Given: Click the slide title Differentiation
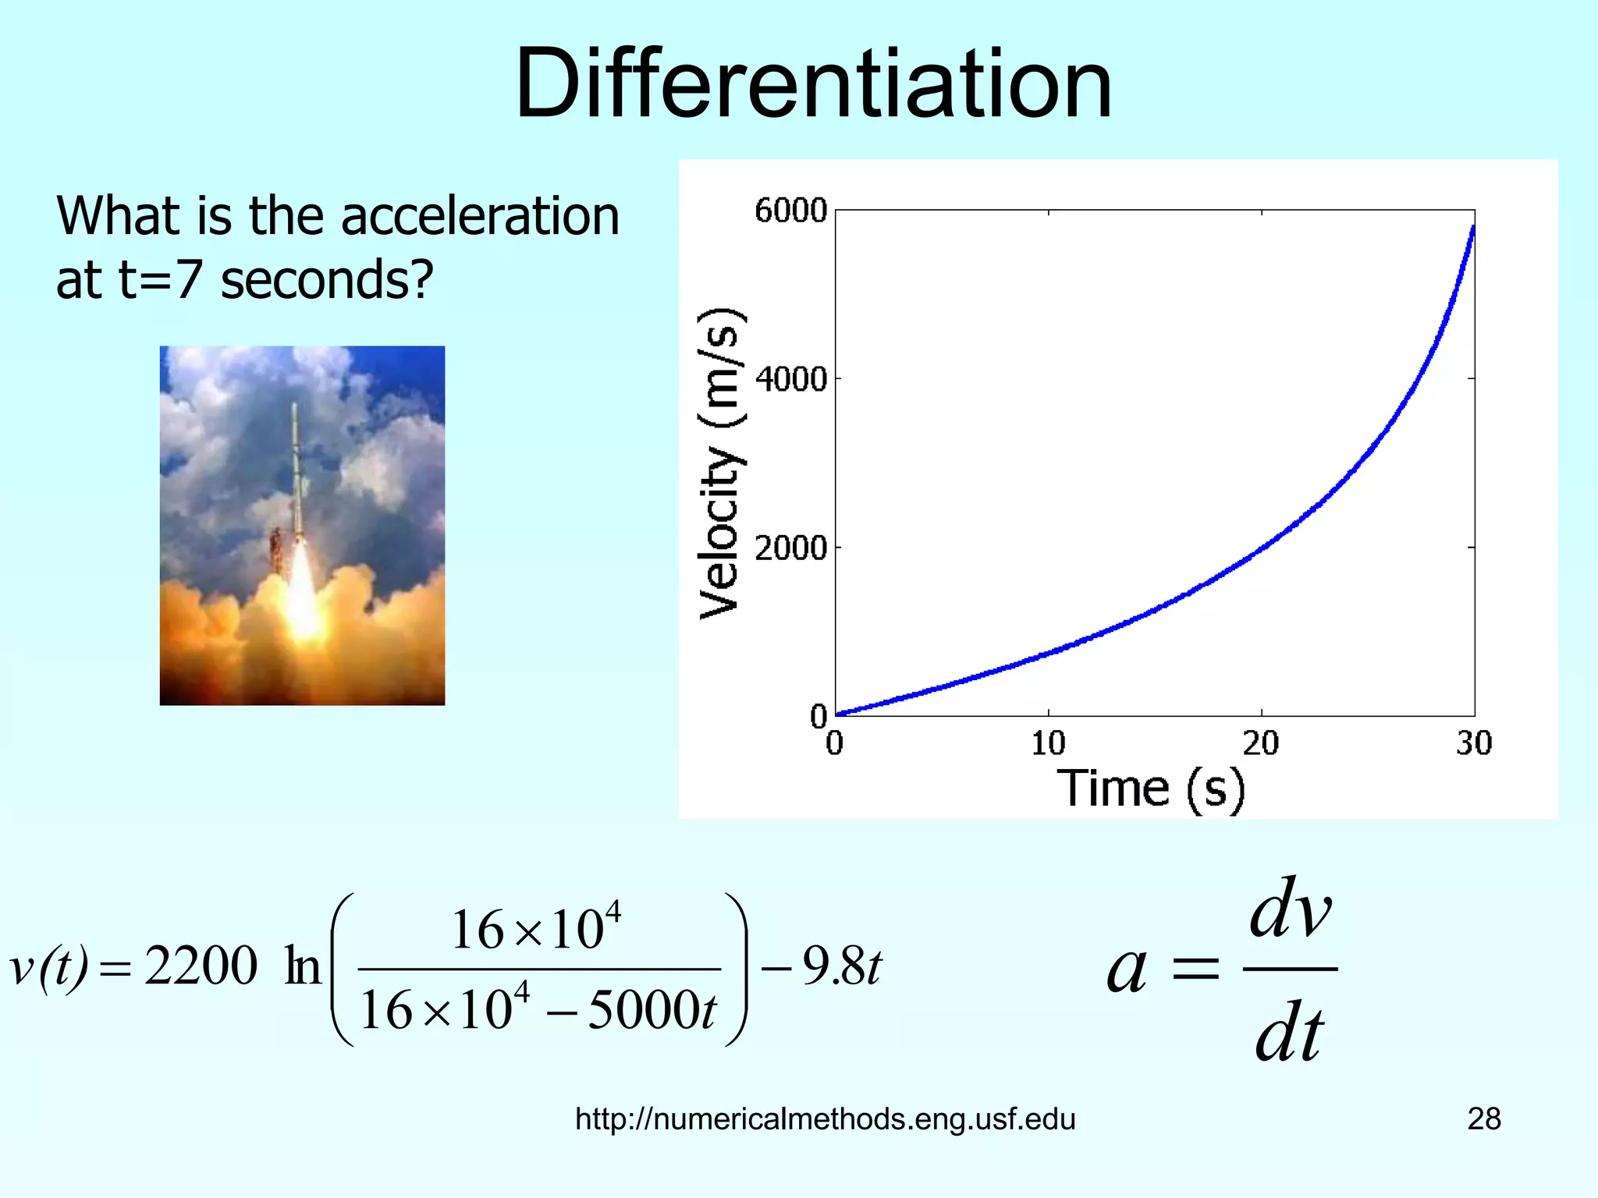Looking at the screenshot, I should pos(813,84).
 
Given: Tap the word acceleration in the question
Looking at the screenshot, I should pos(480,216).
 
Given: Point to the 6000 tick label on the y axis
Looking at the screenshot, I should pos(790,211).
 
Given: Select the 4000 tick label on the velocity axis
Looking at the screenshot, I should pos(790,380).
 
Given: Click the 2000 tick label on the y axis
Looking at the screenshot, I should pos(790,548).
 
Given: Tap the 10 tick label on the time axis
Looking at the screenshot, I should pos(1048,743).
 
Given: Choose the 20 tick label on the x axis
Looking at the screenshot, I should pos(1261,743).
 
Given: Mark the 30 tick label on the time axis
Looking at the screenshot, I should pos(1473,743).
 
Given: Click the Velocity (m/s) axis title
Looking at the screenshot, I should pos(719,463).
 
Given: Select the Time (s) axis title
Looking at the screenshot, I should pos(1150,789).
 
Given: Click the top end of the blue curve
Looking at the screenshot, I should pos(1472,229).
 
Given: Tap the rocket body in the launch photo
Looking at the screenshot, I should pos(297,468).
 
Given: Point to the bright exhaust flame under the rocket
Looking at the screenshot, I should pos(303,593).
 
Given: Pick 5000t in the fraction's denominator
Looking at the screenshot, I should pos(652,1011).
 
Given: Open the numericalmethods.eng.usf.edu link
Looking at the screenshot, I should pos(825,1119).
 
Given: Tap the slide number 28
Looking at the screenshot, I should pos(1483,1119).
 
